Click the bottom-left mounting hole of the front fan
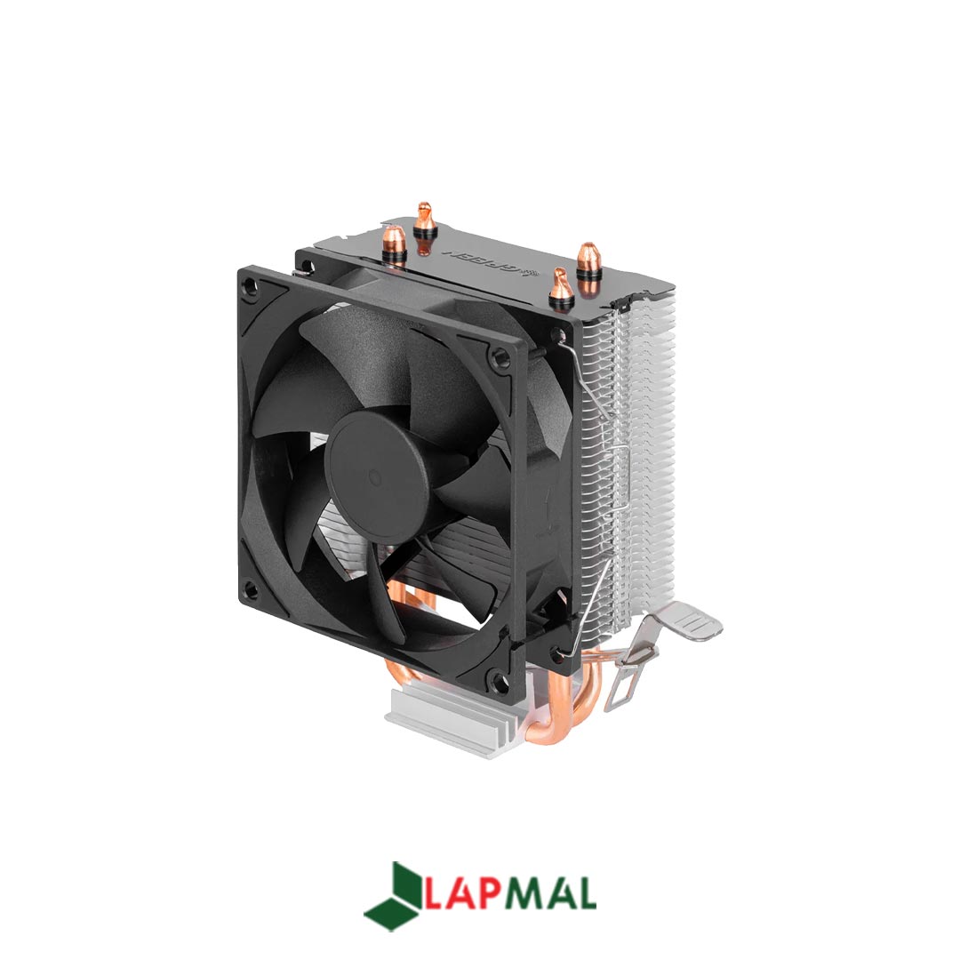click(252, 588)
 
